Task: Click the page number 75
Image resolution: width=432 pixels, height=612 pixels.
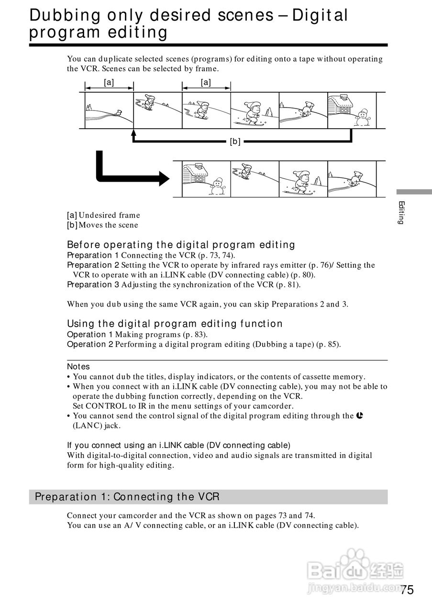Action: pos(407,590)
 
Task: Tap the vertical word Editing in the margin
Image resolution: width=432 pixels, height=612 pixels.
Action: pos(402,213)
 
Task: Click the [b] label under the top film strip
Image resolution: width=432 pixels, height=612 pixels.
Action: pos(235,142)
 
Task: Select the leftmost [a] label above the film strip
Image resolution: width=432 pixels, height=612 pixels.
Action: pos(109,82)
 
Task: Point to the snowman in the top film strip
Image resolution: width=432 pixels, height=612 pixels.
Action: pos(362,118)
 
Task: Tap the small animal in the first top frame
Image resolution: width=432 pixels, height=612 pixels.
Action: pos(118,113)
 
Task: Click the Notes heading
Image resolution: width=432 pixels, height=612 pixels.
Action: pos(78,367)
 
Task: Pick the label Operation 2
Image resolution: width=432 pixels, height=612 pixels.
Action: pos(90,344)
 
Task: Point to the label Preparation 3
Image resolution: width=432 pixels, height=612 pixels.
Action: pos(93,285)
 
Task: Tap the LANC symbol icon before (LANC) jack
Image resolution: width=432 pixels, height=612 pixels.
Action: pos(360,416)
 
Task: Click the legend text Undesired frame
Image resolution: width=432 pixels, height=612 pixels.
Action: pos(109,215)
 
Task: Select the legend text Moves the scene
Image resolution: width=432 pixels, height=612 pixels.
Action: pos(108,225)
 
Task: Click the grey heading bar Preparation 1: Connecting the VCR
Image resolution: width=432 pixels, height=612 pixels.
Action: pos(208,497)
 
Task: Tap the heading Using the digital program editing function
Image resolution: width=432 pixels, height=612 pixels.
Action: pos(175,324)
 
